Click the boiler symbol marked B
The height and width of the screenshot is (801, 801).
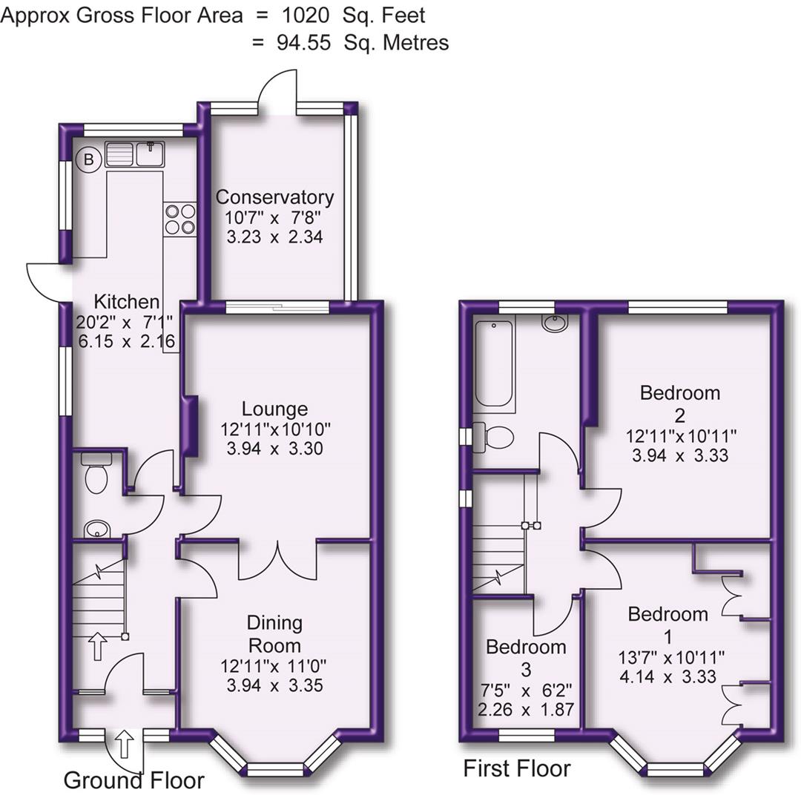click(89, 158)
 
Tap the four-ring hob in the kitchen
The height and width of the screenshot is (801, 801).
click(179, 219)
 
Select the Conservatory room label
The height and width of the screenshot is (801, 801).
click(274, 197)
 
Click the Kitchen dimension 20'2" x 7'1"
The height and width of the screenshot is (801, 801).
click(125, 322)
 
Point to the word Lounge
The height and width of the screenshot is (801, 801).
click(274, 409)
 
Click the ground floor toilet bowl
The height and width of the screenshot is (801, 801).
click(97, 475)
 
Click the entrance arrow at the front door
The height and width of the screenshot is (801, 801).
click(125, 744)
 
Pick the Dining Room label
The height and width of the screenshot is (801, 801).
click(274, 633)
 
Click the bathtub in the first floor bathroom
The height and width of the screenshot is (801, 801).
click(494, 363)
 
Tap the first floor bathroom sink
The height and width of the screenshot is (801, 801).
click(554, 323)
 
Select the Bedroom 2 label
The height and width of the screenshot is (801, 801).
click(680, 403)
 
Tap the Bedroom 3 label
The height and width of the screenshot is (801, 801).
click(526, 658)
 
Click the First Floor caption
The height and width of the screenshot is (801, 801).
click(517, 768)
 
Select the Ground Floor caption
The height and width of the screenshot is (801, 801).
click(133, 780)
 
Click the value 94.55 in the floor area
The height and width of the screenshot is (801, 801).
click(304, 42)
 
